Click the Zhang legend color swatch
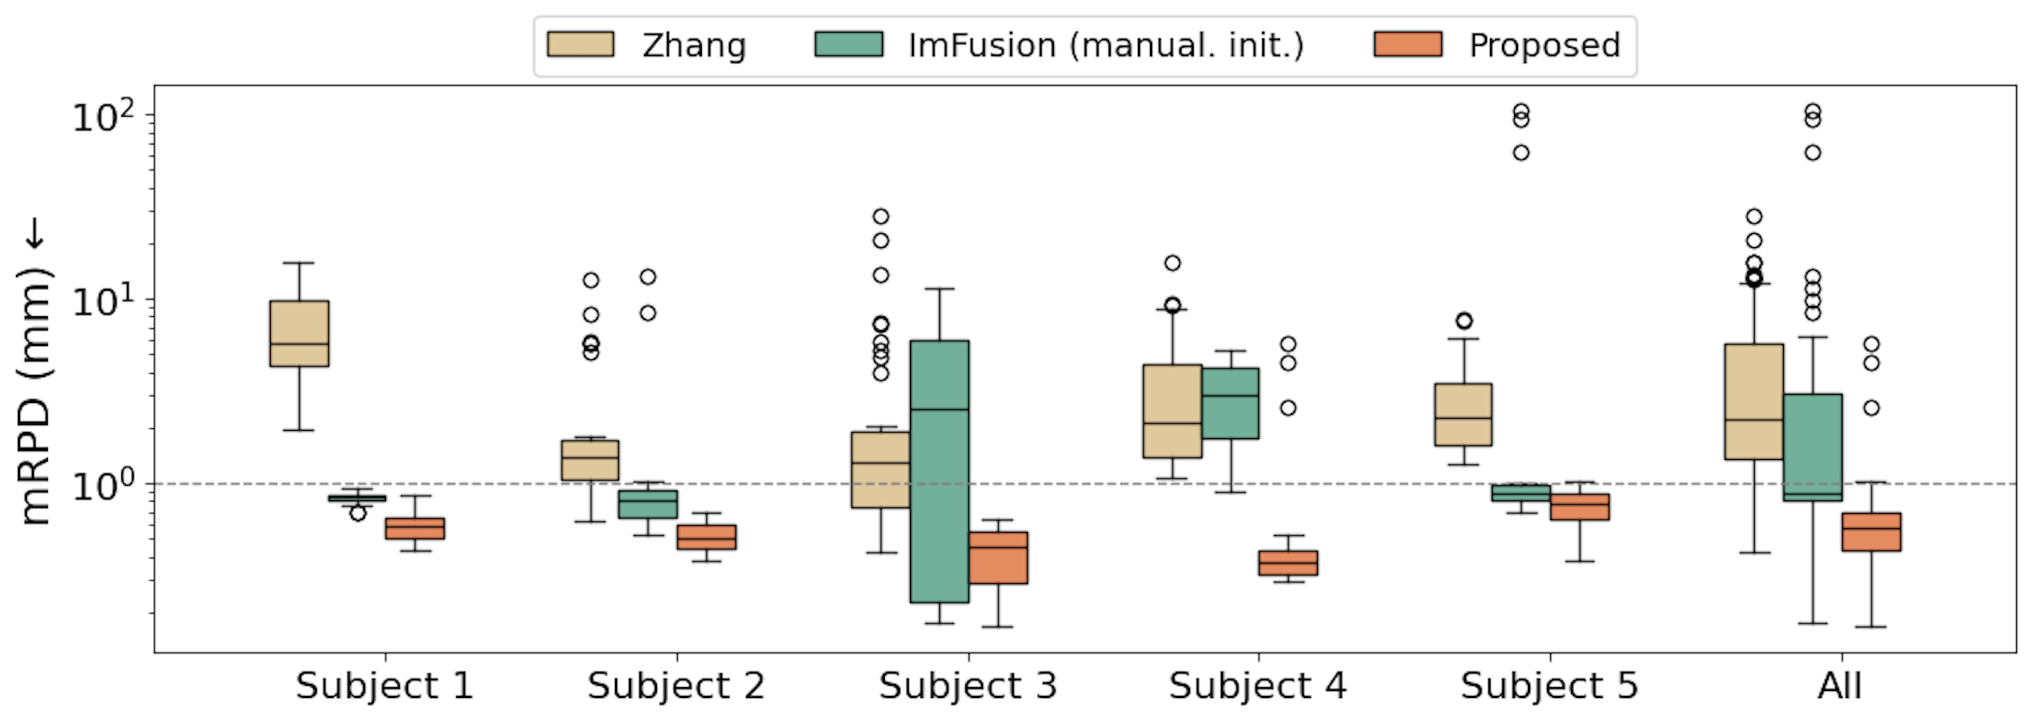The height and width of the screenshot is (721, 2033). pyautogui.click(x=580, y=44)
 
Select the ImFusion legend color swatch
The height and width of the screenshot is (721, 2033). pyautogui.click(x=849, y=44)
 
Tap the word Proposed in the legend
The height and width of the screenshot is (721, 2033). pyautogui.click(x=1544, y=45)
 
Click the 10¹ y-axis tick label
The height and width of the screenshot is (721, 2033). pyautogui.click(x=103, y=301)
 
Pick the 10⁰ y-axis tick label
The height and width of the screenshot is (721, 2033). pyautogui.click(x=103, y=485)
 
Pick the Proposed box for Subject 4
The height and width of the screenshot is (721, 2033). pyautogui.click(x=1288, y=563)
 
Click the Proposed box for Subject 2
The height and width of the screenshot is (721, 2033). pyautogui.click(x=706, y=537)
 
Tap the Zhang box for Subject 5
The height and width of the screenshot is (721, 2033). pyautogui.click(x=1463, y=414)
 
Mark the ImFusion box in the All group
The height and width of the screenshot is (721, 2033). pyautogui.click(x=1813, y=447)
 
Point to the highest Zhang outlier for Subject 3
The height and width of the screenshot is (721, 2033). pyautogui.click(x=881, y=216)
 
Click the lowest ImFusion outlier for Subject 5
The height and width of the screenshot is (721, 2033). pyautogui.click(x=1521, y=152)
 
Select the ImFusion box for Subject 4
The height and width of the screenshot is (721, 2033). pyautogui.click(x=1230, y=403)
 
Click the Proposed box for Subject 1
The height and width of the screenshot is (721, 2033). pyautogui.click(x=414, y=528)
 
